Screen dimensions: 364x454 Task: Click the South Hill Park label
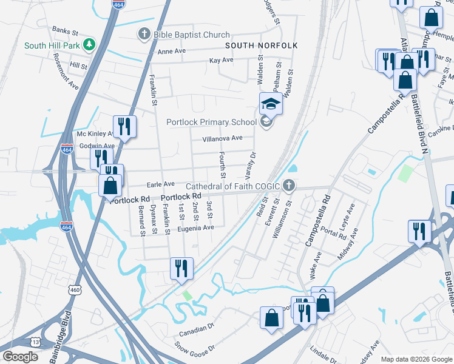coord(52,45)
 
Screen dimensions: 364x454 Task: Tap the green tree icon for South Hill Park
coord(89,44)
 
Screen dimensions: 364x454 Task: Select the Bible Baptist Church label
coord(192,35)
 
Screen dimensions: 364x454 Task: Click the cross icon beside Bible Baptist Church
coord(144,34)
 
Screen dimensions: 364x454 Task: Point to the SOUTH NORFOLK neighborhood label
coord(261,45)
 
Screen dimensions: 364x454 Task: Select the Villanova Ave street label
coord(222,138)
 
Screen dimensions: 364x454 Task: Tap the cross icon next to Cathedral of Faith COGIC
coord(290,185)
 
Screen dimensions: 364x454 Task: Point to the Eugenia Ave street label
coord(195,228)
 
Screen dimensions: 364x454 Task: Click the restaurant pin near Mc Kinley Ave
coord(124,127)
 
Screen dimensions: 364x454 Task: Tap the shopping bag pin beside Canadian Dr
coord(271,318)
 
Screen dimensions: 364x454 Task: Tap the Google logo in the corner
coord(20,357)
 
